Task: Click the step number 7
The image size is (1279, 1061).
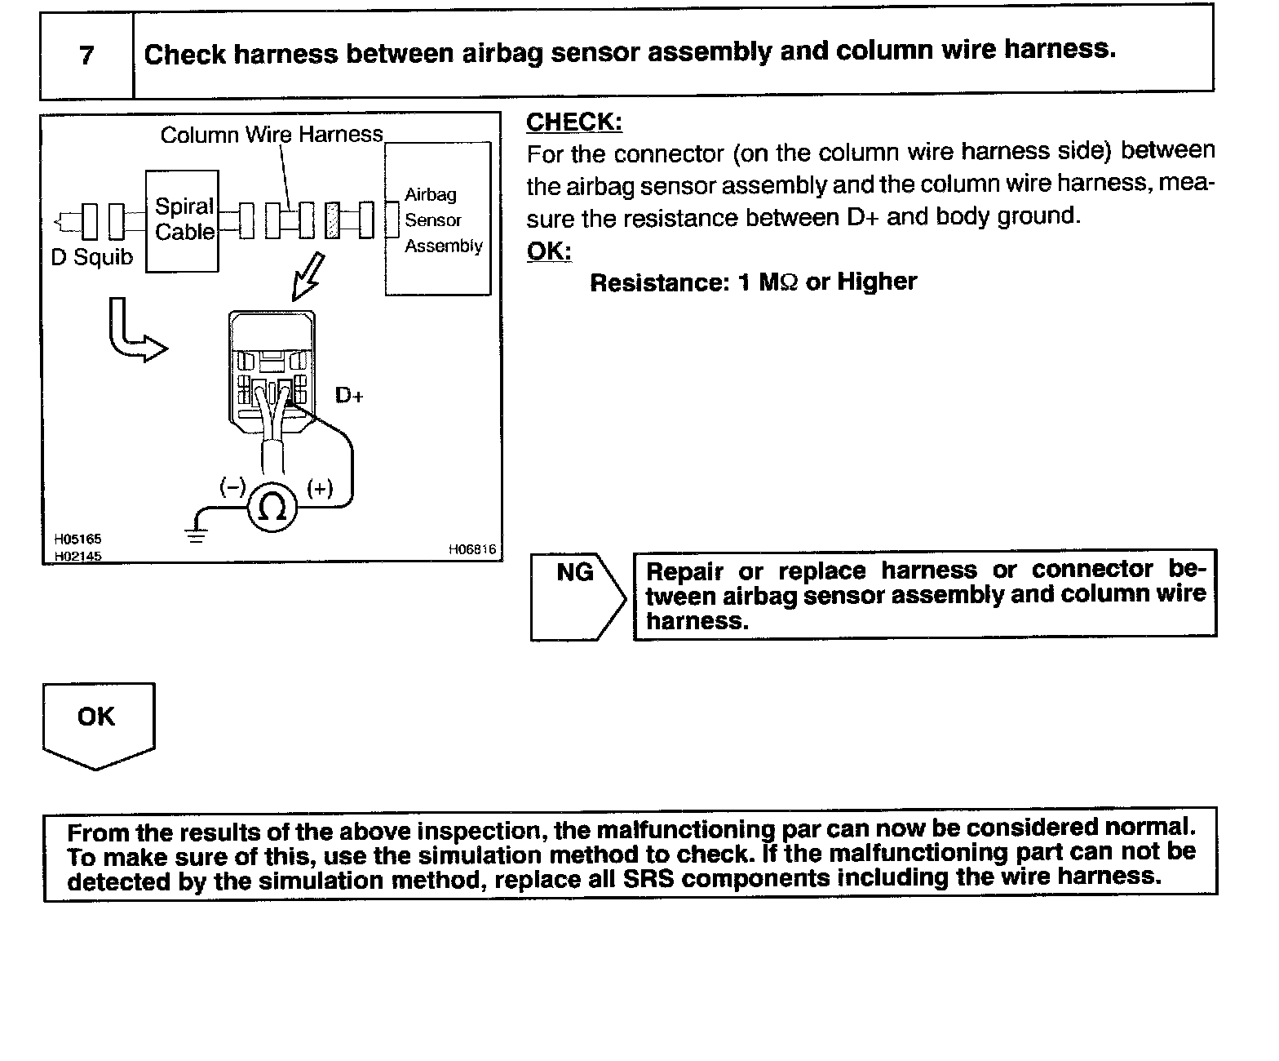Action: (86, 55)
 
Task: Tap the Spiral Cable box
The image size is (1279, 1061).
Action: (183, 220)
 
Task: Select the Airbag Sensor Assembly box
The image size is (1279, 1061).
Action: (438, 220)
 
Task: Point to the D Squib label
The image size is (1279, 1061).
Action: (91, 258)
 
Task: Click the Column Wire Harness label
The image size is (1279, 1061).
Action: (272, 135)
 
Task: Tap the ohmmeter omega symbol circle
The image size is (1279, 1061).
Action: (272, 508)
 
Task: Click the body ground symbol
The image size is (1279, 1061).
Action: (197, 534)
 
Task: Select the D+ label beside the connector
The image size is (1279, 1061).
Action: (349, 396)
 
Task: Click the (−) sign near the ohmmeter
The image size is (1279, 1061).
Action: (232, 487)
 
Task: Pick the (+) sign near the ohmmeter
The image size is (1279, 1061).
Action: (320, 488)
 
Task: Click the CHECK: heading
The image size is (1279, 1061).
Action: (574, 122)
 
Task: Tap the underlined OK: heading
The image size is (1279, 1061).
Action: (549, 251)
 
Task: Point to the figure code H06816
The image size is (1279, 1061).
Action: (471, 550)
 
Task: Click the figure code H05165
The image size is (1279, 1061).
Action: (77, 539)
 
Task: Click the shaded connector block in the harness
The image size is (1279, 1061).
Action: (332, 220)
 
